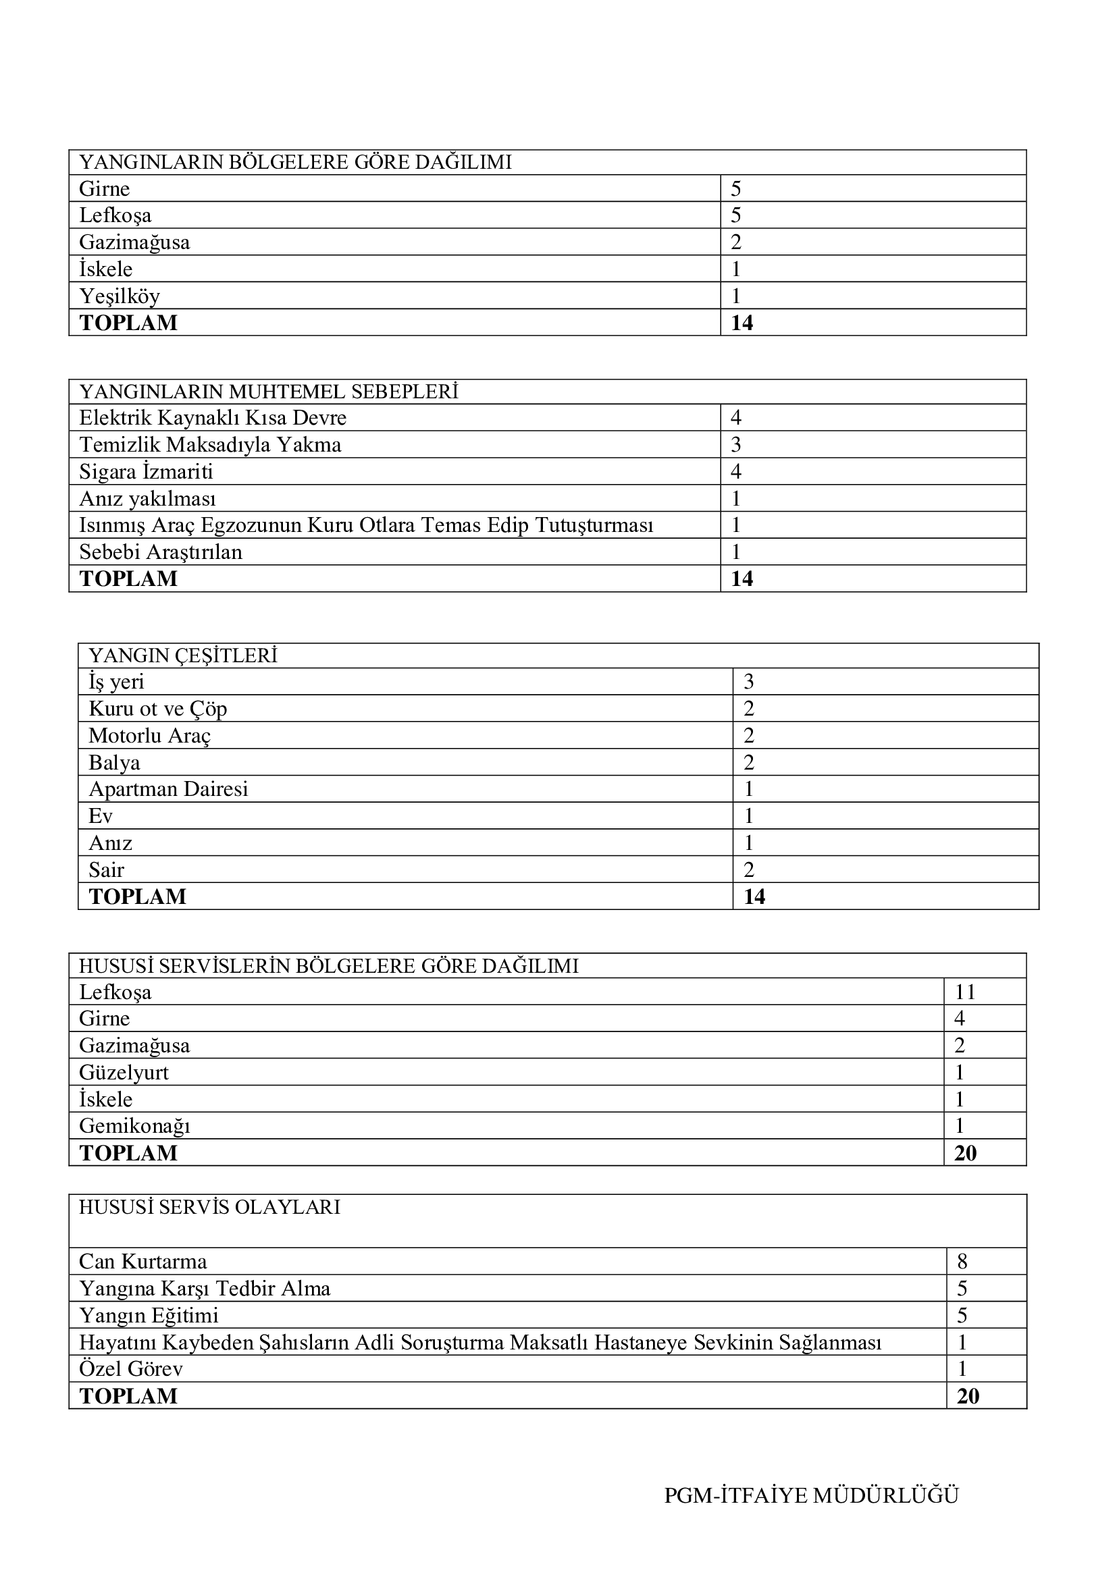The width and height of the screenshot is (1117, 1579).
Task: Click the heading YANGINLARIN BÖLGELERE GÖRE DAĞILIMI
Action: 295,162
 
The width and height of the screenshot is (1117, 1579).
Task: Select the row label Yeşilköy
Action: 119,296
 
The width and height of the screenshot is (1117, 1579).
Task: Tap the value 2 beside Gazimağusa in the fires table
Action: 736,242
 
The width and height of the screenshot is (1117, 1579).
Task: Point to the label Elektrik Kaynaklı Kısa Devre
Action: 213,418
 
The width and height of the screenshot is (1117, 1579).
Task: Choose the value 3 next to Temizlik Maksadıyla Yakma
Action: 736,445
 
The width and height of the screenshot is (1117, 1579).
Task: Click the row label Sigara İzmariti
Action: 146,472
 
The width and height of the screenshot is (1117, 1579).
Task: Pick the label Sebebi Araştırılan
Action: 160,552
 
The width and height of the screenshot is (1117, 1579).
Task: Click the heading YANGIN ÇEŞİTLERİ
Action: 182,655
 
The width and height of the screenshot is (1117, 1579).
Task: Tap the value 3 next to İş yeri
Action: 748,683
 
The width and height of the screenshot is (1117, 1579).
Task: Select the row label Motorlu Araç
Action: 149,736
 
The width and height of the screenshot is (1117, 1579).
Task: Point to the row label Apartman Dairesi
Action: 168,788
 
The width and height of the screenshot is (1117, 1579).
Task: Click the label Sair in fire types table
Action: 106,870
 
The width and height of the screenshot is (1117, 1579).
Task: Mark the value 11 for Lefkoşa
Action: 965,992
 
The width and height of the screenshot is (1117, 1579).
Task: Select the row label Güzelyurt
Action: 124,1072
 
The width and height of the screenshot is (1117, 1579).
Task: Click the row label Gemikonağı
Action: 134,1126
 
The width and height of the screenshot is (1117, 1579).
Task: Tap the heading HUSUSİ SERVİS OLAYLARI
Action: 210,1207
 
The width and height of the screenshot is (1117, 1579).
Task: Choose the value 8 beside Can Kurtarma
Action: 962,1261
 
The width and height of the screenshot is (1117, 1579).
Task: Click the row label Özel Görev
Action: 131,1368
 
